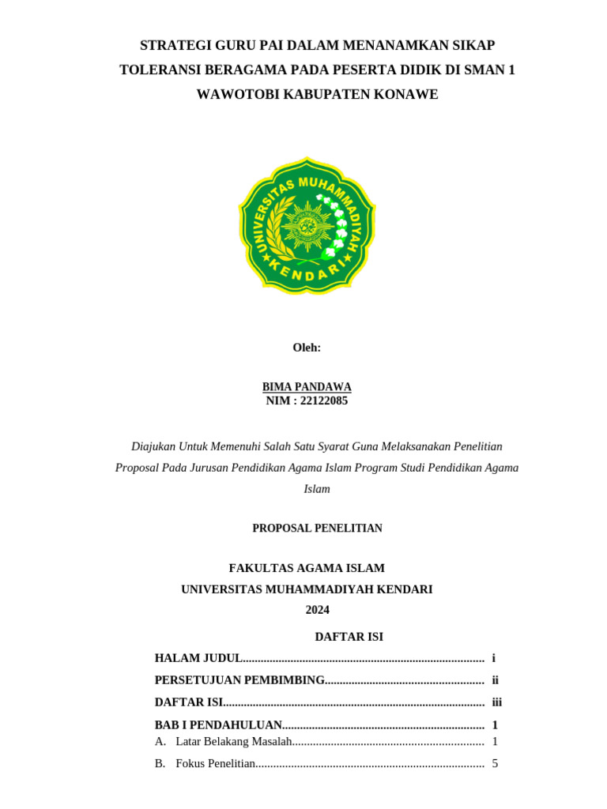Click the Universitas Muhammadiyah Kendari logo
(307, 225)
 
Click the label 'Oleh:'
(307, 348)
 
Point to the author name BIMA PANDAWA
(307, 386)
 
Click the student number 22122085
(324, 401)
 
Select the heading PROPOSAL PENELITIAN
(317, 529)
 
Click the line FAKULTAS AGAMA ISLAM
(307, 568)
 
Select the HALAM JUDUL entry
(198, 658)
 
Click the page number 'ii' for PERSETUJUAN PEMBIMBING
(495, 680)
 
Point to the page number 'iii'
(496, 702)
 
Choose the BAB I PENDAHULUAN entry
(218, 724)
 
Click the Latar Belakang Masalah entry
(234, 741)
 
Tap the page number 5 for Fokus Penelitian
(495, 763)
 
